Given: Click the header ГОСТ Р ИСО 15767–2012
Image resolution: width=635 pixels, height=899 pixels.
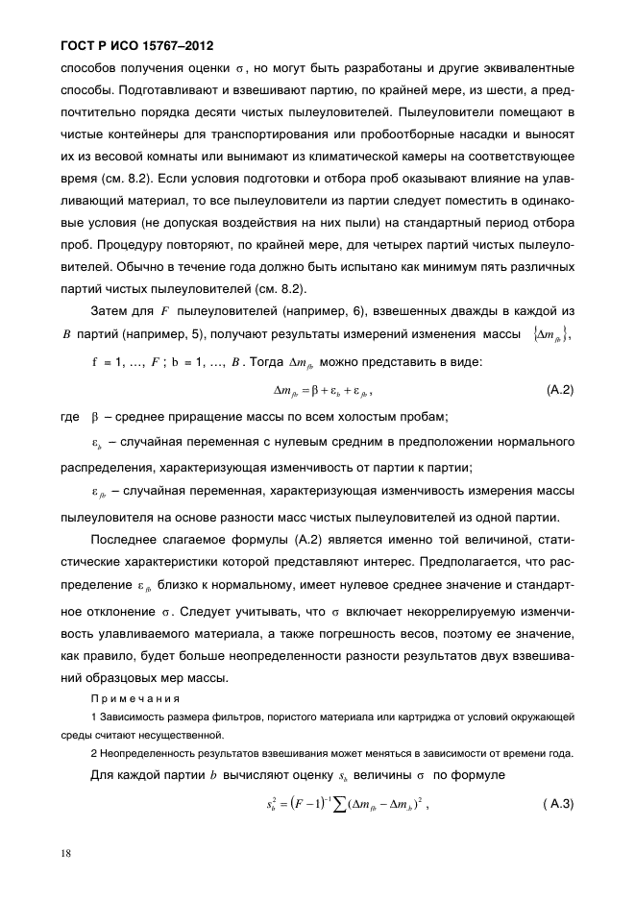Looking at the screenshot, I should tap(130, 45).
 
